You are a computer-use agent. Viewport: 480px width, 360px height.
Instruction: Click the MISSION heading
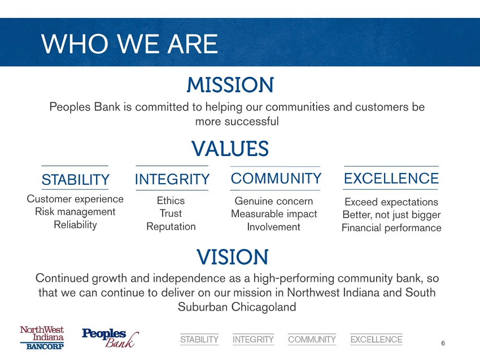tap(230, 85)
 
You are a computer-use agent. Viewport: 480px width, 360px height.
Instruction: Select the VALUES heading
tap(230, 149)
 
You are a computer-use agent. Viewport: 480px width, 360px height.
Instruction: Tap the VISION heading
tap(232, 257)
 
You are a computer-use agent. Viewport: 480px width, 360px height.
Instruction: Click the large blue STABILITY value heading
tap(75, 180)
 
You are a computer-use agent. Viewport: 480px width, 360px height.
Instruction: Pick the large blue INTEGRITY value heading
tap(172, 179)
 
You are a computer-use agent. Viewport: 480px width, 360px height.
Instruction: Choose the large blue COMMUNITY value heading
tap(276, 179)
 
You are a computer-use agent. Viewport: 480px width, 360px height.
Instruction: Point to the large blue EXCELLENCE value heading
tap(391, 179)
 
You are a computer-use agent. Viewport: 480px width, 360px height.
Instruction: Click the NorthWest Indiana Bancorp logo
tap(42, 337)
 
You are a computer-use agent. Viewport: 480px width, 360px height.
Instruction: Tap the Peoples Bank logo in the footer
tap(110, 338)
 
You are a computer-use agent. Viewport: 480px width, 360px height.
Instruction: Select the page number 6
tap(443, 343)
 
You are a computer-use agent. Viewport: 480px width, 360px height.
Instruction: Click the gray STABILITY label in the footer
tap(199, 340)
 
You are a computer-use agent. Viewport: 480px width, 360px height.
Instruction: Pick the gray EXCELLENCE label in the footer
tap(376, 340)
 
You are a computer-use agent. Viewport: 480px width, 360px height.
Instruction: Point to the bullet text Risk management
tap(75, 212)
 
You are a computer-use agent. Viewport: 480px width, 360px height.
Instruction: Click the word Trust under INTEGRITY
tap(171, 213)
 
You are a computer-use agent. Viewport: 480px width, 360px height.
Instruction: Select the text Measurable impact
tap(274, 214)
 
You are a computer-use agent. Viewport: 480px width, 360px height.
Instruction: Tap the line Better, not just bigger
tap(391, 215)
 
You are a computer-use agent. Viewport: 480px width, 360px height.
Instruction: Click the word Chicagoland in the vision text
tap(264, 307)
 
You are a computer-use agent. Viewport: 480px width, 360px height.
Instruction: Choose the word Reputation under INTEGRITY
tap(171, 227)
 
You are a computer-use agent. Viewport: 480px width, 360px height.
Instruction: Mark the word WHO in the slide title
tap(75, 44)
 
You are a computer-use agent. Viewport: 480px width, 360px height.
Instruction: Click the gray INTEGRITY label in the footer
tap(253, 340)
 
